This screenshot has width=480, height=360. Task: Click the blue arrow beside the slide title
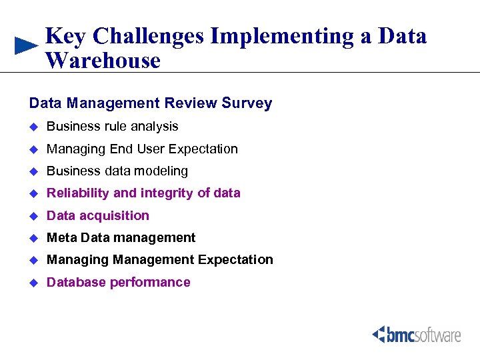point(26,45)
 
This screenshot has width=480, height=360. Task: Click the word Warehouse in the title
point(103,61)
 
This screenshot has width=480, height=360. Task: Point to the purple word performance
point(150,282)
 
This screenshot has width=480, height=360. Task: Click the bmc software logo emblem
point(380,333)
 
